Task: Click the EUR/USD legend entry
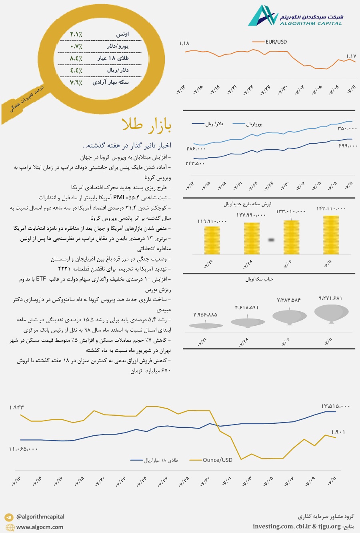coord(276,42)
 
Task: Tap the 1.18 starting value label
coord(184,43)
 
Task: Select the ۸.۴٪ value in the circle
coord(76,58)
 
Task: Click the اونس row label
coord(122,34)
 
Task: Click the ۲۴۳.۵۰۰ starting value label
coord(195,163)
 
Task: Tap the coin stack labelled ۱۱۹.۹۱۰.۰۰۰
coord(212,240)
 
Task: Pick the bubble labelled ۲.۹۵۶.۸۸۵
coord(205,326)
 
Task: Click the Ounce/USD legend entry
coord(217,460)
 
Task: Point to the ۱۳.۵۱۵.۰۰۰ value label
coord(335,406)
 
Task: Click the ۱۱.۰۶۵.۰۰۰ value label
coord(23,449)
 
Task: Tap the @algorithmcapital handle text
coord(40,517)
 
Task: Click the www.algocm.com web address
coord(40,527)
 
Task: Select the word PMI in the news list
coord(119,197)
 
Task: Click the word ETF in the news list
coord(41,279)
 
